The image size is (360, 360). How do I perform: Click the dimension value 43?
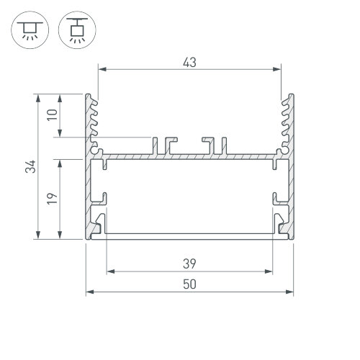[x=189, y=63]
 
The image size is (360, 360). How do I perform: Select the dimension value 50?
[x=189, y=284]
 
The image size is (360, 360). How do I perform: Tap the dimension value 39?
[x=189, y=264]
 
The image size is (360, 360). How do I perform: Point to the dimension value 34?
[x=30, y=166]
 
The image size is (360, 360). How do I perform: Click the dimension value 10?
[x=53, y=115]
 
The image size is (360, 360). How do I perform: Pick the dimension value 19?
[x=53, y=199]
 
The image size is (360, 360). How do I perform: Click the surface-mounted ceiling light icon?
[x=30, y=30]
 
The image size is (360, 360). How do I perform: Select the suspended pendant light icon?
[x=77, y=30]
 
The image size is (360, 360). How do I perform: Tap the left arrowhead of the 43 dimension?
[x=102, y=69]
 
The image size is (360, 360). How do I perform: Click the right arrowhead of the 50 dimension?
[x=289, y=292]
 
